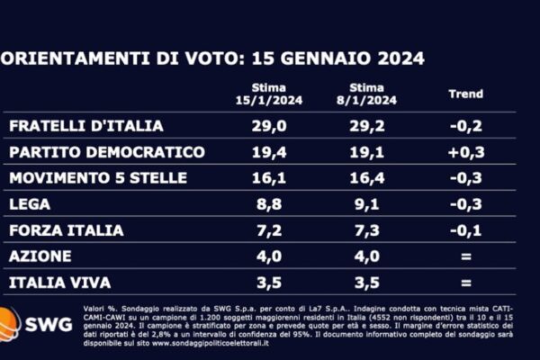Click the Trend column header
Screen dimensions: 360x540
(x=465, y=94)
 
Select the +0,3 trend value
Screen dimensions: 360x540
(x=465, y=151)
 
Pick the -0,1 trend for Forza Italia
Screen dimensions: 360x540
(x=465, y=230)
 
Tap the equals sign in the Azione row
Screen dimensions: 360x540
(x=465, y=256)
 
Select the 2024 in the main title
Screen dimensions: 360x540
(x=393, y=58)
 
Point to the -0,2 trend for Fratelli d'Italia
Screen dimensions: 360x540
(x=465, y=125)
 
